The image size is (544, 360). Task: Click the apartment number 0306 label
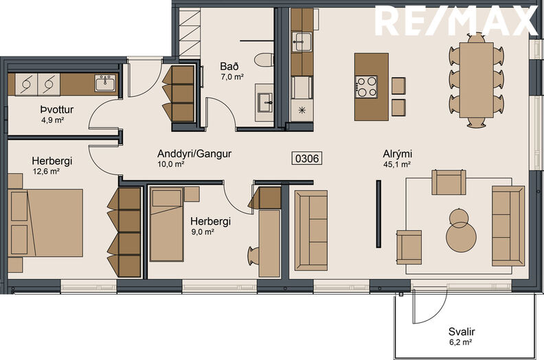307,158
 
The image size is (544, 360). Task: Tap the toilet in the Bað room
264,60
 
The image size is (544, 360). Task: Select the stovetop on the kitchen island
366,87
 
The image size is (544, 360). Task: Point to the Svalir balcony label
462,332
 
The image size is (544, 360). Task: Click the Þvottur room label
57,110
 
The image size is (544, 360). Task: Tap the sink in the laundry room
106,82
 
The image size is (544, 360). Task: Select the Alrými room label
398,154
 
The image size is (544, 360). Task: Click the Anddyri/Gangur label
194,153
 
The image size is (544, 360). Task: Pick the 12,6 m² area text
46,171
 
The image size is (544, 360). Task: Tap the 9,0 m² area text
203,232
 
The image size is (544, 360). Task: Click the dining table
477,80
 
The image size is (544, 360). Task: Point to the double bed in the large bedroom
45,223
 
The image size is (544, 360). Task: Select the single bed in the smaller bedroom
166,224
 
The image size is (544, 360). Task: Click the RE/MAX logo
456,21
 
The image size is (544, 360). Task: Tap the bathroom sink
264,102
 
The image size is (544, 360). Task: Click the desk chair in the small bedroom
253,256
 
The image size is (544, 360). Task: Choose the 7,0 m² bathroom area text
232,77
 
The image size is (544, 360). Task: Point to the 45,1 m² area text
397,164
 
